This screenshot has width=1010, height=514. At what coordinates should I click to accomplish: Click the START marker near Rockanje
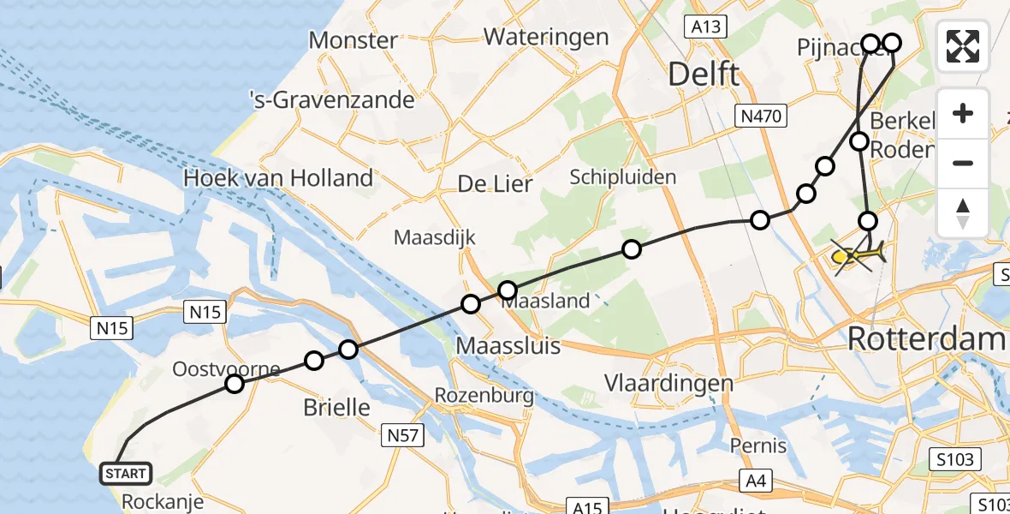coord(127,473)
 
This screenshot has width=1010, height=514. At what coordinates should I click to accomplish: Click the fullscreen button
coord(963,45)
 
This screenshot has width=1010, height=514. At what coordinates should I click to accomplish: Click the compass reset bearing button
coord(963,213)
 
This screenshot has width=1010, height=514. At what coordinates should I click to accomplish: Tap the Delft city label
coord(703,75)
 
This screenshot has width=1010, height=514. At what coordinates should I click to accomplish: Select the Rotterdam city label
coord(926,338)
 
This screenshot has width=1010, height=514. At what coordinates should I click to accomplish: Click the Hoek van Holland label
coord(278,178)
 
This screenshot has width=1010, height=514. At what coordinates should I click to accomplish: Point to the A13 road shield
coord(708,27)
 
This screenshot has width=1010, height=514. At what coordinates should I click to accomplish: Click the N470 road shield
coord(761,116)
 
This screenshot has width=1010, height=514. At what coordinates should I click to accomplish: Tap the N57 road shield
coord(402,436)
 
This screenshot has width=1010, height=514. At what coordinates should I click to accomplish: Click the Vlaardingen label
coord(669,383)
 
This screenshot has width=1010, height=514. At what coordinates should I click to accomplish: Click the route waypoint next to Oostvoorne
coord(234,384)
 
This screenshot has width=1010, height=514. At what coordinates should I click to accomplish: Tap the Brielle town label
coord(337,408)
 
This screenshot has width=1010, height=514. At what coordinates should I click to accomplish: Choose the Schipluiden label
coord(623,177)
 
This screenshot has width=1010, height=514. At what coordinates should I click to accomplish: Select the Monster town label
coord(353,39)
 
